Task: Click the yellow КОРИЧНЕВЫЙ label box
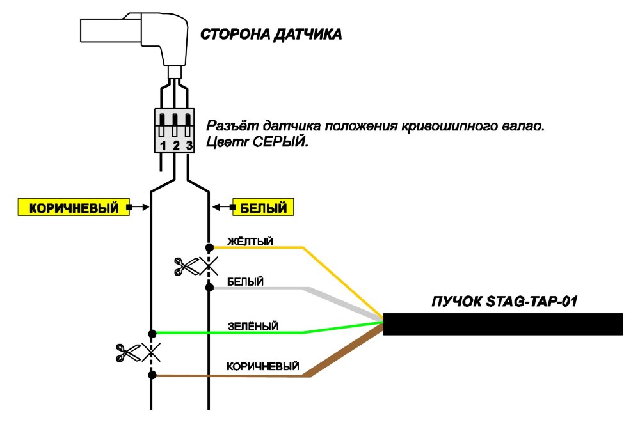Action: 74,207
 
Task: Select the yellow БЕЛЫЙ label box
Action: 263,207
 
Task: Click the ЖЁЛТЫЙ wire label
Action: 250,241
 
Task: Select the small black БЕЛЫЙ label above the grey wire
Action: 245,281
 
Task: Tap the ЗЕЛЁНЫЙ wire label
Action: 253,326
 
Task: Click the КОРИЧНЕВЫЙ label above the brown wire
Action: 263,366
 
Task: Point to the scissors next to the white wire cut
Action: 186,267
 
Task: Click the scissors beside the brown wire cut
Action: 129,353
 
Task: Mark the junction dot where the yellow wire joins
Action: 209,247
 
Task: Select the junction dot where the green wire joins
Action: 152,334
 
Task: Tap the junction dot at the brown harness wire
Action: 152,375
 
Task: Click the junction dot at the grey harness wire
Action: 209,288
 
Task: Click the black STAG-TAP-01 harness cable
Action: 503,324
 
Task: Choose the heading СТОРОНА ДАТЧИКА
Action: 271,35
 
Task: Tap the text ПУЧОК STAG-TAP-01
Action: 504,301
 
